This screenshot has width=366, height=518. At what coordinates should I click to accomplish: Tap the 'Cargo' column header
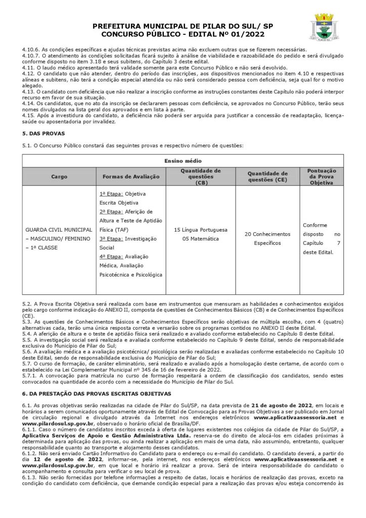point(59,177)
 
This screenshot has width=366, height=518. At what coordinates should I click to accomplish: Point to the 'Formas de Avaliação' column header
point(131,177)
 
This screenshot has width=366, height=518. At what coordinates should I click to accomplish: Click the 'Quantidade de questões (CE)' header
point(267,177)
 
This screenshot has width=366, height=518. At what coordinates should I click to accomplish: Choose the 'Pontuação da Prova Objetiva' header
point(321,177)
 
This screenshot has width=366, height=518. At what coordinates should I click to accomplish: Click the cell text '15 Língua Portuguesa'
point(201,230)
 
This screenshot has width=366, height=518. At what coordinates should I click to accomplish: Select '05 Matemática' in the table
point(201,239)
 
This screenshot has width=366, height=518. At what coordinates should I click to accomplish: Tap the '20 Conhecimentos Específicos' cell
point(267,238)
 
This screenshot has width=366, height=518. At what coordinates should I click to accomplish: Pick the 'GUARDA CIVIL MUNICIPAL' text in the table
point(59,230)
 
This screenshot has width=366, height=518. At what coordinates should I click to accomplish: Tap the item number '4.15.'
point(28,115)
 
